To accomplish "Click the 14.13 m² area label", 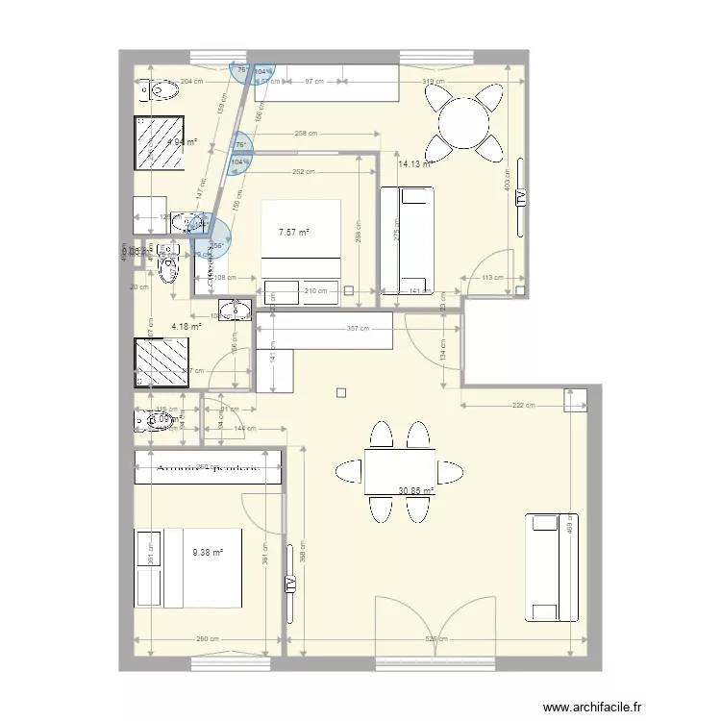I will click(414, 163).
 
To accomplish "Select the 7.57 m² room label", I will click(294, 232).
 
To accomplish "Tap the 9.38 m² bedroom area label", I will click(208, 553).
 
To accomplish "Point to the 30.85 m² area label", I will click(416, 490).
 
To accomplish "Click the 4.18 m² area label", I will click(186, 327).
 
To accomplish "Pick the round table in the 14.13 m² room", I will click(464, 122).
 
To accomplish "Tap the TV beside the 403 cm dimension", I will click(520, 198).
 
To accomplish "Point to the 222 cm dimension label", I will click(524, 406).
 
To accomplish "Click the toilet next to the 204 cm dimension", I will click(161, 91).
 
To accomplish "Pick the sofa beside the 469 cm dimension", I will click(544, 567).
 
